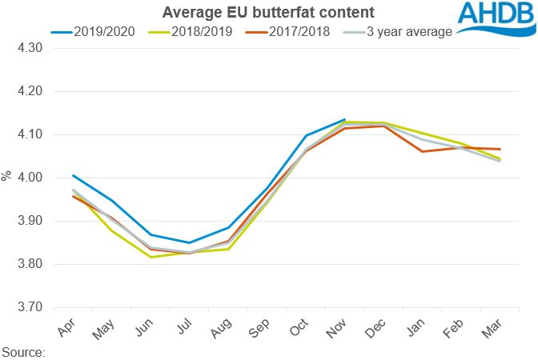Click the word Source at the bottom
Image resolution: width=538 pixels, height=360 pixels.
23,351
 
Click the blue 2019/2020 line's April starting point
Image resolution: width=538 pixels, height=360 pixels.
72,175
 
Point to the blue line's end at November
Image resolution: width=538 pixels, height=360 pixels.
344,120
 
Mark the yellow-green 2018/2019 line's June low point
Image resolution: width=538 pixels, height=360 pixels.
151,257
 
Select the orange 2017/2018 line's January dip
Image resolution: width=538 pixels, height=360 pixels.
422,151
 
